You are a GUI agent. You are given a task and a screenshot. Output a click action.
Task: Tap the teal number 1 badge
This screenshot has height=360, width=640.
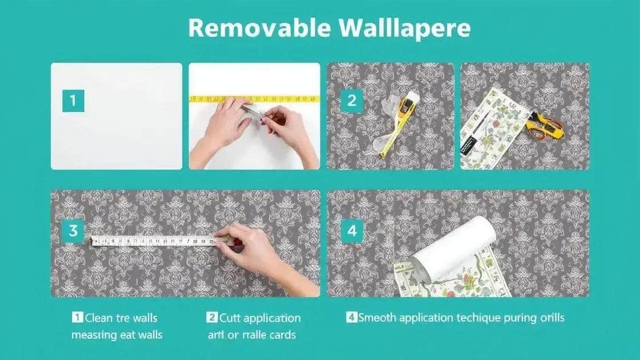[x=73, y=102]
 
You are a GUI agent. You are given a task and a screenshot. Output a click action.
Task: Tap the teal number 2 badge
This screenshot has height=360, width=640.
[x=351, y=101]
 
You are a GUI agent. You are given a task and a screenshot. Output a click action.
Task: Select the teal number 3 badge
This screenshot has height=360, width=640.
[x=73, y=231]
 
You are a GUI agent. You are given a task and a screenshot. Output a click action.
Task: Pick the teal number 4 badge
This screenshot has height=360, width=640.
[x=351, y=231]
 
